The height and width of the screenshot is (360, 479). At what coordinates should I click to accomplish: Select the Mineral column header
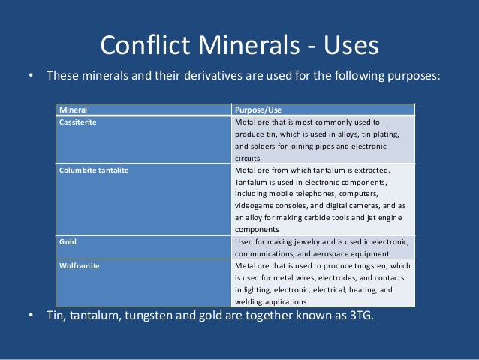(73, 110)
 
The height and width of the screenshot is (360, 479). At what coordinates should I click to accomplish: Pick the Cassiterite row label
(78, 121)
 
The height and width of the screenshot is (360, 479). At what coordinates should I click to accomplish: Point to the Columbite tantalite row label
(94, 170)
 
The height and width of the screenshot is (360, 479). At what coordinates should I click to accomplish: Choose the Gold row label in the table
(68, 242)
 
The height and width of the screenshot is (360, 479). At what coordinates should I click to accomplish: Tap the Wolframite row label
(80, 265)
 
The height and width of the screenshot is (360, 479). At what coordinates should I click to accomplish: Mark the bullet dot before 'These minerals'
(31, 76)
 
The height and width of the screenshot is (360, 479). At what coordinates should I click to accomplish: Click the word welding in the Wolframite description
(249, 301)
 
